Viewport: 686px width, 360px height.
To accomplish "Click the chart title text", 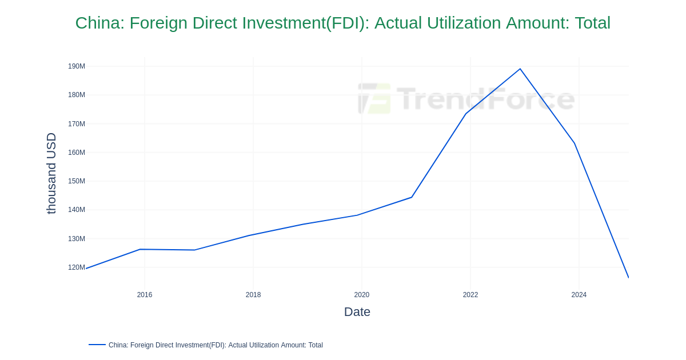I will click(x=342, y=23).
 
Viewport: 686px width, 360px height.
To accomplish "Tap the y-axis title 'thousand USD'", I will click(x=51, y=173).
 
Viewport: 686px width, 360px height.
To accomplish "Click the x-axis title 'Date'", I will click(x=357, y=312).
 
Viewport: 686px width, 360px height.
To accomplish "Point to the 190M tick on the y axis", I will click(x=77, y=66).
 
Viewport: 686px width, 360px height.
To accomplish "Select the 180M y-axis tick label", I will click(x=77, y=95).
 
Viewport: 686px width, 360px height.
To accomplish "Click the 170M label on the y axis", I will click(x=77, y=124).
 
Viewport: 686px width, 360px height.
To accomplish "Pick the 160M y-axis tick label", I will click(x=77, y=153).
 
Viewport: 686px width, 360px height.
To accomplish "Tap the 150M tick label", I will click(x=77, y=181).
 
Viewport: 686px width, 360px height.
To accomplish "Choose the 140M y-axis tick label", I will click(x=77, y=210).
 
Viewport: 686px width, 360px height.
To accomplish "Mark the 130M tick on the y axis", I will click(x=77, y=239).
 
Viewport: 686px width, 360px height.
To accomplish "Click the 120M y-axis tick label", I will click(x=77, y=267).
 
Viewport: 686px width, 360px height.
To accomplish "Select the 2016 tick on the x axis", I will click(x=145, y=295).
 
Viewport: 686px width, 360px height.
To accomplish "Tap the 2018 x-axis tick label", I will click(x=253, y=295).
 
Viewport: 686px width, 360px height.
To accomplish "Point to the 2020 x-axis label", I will click(x=362, y=295).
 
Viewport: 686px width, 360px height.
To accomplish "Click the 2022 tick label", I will click(x=470, y=295).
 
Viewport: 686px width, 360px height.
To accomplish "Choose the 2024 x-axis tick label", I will click(x=579, y=295).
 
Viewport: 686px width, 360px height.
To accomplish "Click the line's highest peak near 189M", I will click(x=520, y=69).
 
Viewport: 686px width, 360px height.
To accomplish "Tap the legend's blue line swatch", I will click(x=97, y=345).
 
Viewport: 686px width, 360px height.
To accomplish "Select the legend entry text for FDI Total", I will click(x=216, y=345).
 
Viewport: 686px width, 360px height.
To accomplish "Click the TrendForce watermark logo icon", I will click(x=374, y=98).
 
